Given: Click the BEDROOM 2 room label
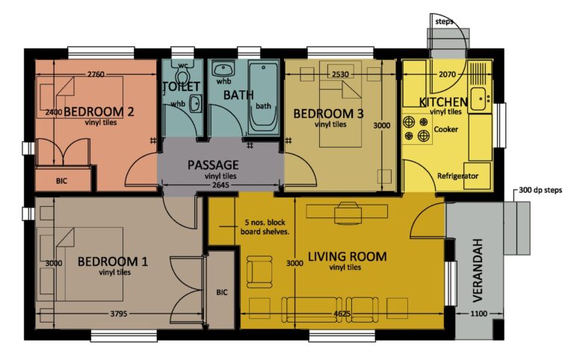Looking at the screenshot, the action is pos(99,111).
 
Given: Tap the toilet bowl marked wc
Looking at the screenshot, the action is pos(182,75).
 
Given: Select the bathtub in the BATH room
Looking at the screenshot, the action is pos(263,98).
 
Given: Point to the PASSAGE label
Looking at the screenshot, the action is pos(213,164).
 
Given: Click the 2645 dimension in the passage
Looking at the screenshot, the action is pos(220,185).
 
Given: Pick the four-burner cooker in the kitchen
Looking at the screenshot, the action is pos(416,129).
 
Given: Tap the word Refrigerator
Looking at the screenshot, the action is pos(457,176).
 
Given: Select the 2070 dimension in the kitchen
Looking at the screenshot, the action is pos(448,75).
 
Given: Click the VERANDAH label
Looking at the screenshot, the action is pos(478,270).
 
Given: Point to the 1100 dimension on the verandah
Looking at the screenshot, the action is pos(479,314).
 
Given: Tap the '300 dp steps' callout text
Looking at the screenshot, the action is pos(540,190).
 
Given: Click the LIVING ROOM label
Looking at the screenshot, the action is pos(347,256).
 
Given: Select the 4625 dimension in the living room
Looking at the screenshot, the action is pos(342,314).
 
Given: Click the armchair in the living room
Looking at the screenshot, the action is pos(259,271).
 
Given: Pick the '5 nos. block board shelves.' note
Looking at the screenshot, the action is pos(265,227).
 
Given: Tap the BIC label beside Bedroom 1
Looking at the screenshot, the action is pos(222,292).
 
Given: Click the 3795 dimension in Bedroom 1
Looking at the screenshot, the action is pos(119,314).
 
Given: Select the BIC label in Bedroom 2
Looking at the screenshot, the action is pos(61,181).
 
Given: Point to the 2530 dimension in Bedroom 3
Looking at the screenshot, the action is pos(340,74).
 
